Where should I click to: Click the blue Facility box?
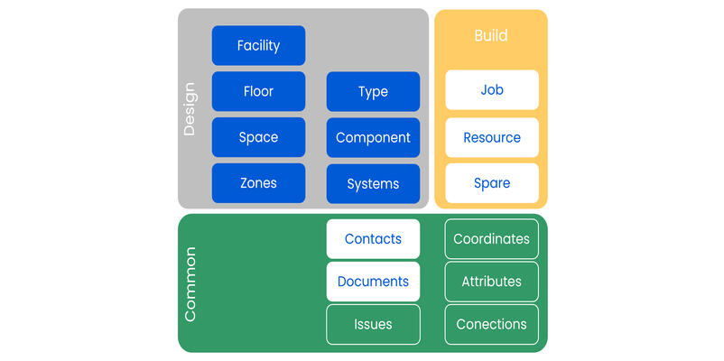(x=258, y=45)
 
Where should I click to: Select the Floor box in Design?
(x=258, y=91)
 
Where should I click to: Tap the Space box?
(x=258, y=137)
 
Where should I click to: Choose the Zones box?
(x=258, y=183)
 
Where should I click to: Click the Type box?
(x=373, y=91)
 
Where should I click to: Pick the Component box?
(x=373, y=137)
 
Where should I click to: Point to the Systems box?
(x=373, y=183)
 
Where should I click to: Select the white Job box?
(x=492, y=90)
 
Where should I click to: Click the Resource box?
(x=492, y=137)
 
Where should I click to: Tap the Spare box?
(x=492, y=183)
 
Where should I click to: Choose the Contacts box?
(x=373, y=239)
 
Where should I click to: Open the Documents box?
(x=373, y=282)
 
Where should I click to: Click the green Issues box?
(x=373, y=324)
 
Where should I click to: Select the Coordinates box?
(x=492, y=239)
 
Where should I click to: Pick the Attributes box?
(x=492, y=282)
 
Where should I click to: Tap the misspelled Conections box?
(x=492, y=324)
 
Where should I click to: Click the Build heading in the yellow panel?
(x=491, y=36)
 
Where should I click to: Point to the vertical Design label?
(x=190, y=109)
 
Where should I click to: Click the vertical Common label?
(x=190, y=283)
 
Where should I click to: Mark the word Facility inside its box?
(x=258, y=45)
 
